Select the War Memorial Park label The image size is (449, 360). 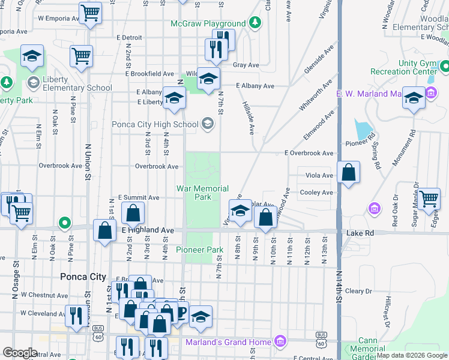[x=202, y=193]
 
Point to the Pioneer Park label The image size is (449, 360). [x=199, y=250]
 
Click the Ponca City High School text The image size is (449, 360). [x=155, y=125]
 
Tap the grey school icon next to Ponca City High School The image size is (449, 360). [x=208, y=124]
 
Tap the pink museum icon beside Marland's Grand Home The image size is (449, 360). [x=279, y=342]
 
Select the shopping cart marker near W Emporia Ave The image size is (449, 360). [x=90, y=12]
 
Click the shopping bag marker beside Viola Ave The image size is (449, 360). [x=349, y=173]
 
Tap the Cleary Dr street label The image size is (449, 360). [x=358, y=291]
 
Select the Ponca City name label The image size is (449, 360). [x=83, y=277]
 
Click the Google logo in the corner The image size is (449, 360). [x=20, y=353]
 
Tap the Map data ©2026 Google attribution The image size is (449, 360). [x=412, y=355]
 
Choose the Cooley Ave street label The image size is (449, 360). [x=316, y=193]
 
